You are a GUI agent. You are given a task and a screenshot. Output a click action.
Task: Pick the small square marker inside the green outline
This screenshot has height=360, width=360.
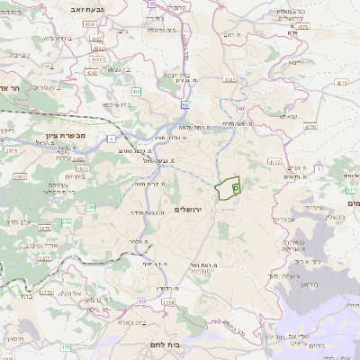click(236, 188)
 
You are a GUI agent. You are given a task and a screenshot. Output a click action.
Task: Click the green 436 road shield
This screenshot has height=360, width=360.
click(136, 92)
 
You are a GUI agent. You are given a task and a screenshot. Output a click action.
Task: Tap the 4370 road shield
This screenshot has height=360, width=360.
click(310, 126)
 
